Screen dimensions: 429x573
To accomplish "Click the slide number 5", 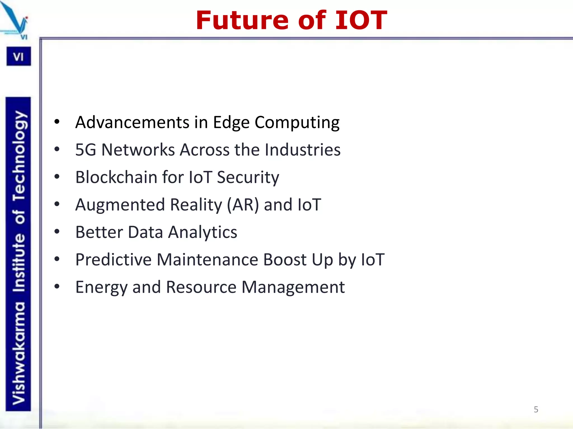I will tap(536, 409).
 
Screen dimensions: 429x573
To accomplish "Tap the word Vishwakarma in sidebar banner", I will tap(19, 353).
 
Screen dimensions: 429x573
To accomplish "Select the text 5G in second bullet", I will tap(86, 150).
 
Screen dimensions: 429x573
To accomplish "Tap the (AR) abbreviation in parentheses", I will tap(243, 205).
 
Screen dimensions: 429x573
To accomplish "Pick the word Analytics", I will tap(203, 232).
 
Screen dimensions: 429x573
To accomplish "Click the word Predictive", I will tap(113, 259).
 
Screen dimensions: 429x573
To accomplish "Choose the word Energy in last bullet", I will tap(101, 287).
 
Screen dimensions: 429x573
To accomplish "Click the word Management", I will tap(293, 287).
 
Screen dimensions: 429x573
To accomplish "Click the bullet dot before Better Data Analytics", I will tap(57, 232).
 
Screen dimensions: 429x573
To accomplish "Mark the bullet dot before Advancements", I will tap(57, 122).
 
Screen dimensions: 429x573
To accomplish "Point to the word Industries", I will tap(302, 150).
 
